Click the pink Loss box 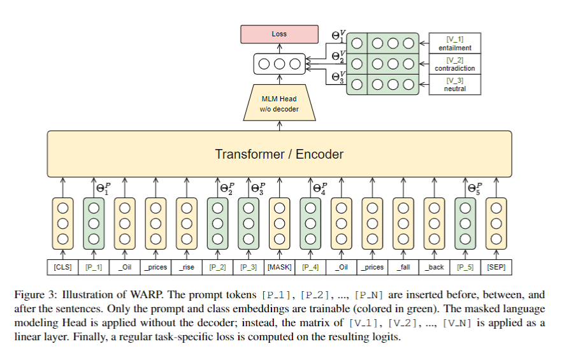point(279,34)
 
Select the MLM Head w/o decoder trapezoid point(279,104)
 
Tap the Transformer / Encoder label point(279,154)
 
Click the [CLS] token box point(62,267)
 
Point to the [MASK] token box point(279,267)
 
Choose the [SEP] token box point(496,267)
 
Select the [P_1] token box point(94,267)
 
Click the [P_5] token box point(465,267)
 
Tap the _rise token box point(187,267)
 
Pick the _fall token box point(403,267)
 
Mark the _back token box point(435,267)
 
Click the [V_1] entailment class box point(455,43)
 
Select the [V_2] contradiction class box point(455,64)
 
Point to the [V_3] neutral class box point(455,84)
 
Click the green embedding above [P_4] point(310,223)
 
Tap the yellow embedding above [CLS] point(62,223)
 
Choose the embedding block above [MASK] point(279,223)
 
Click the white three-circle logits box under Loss point(279,64)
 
